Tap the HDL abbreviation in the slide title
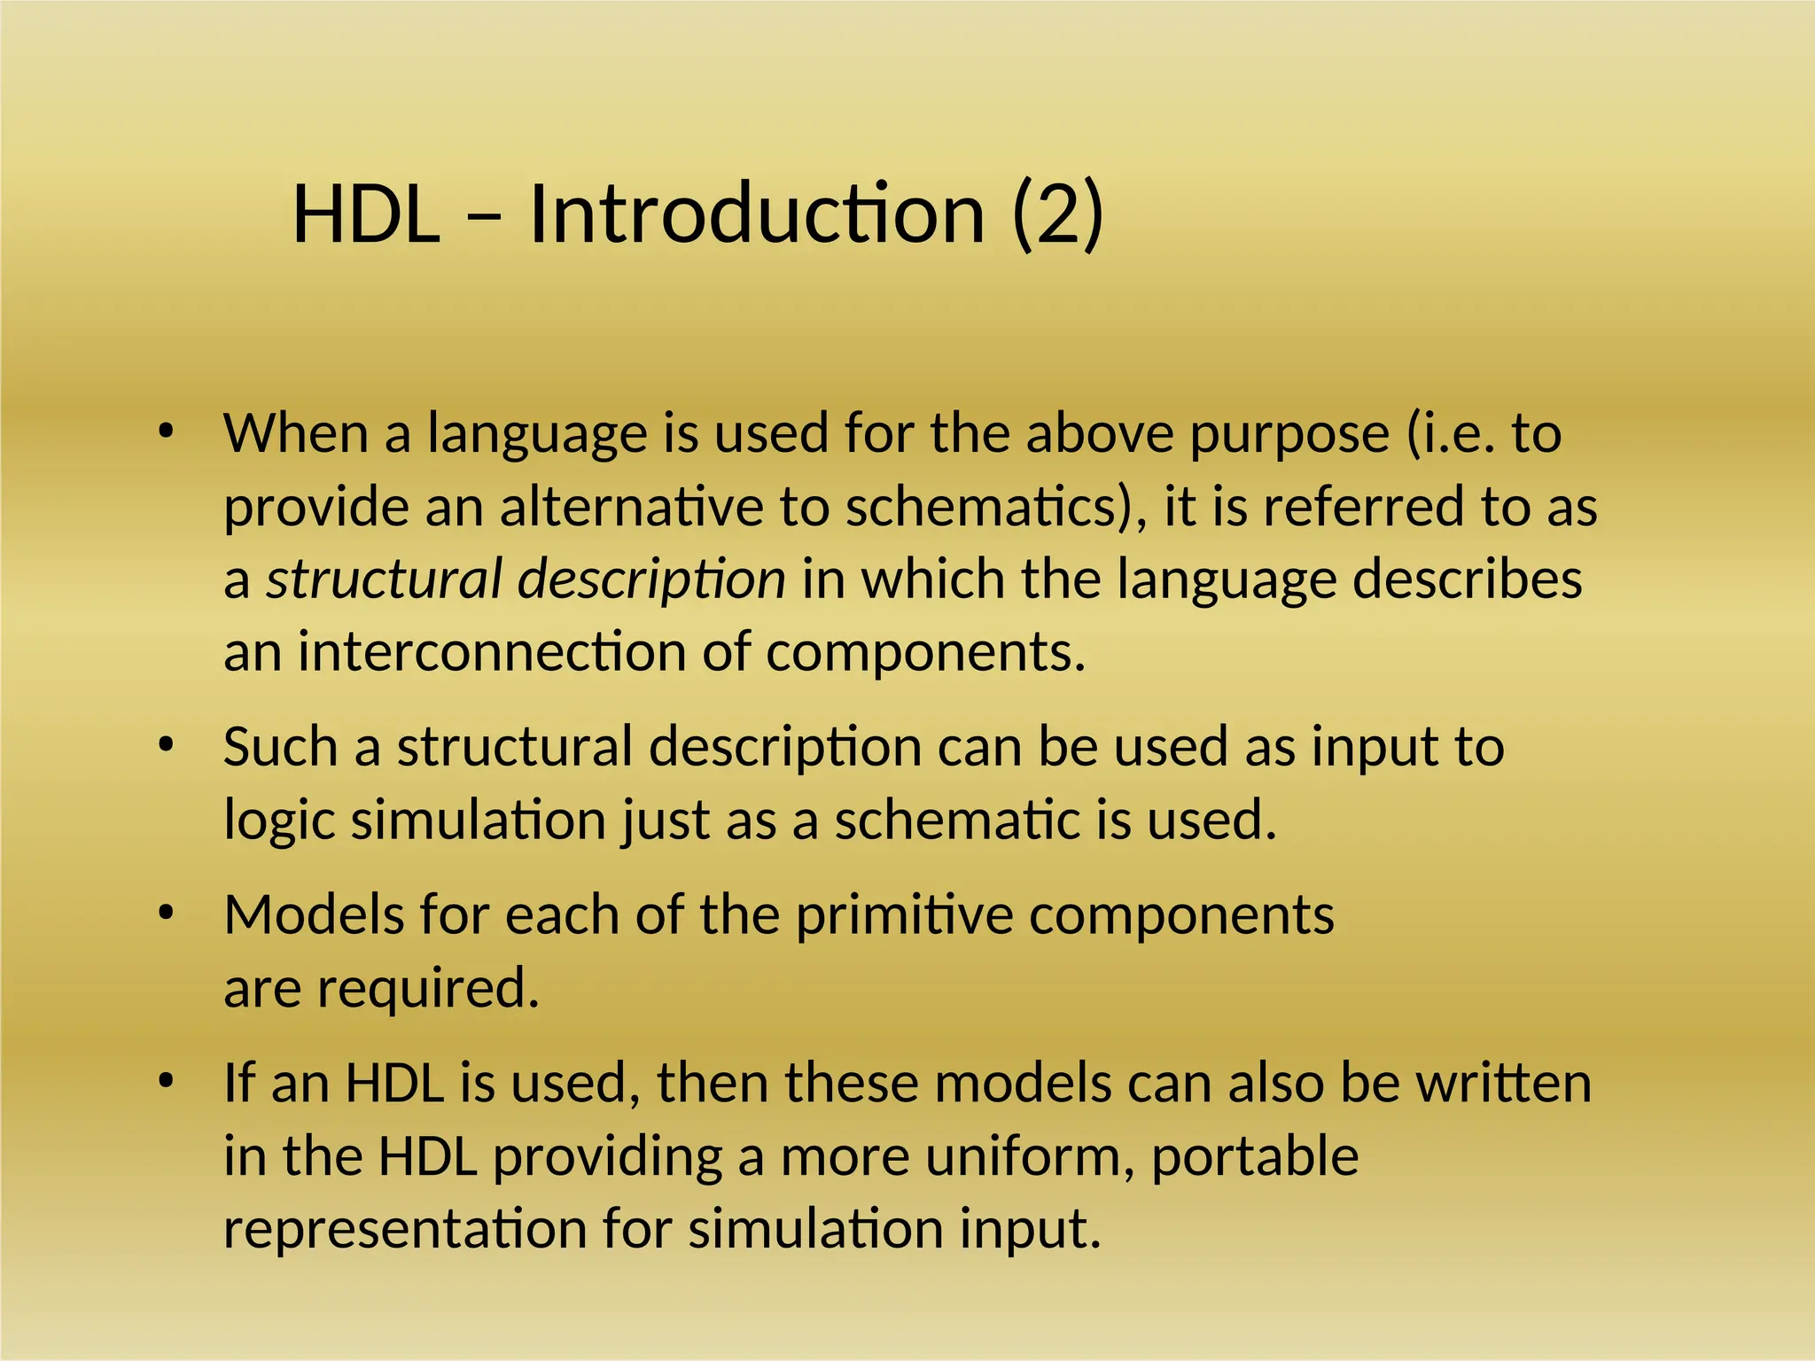pyautogui.click(x=366, y=215)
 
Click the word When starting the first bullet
pyautogui.click(x=295, y=434)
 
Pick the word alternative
pyautogui.click(x=630, y=508)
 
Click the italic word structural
pyautogui.click(x=385, y=580)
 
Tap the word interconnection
pyautogui.click(x=491, y=653)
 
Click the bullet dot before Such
pyautogui.click(x=165, y=745)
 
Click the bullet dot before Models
pyautogui.click(x=165, y=914)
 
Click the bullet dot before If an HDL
pyautogui.click(x=165, y=1082)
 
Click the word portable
pyautogui.click(x=1254, y=1156)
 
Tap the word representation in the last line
pyautogui.click(x=405, y=1229)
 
